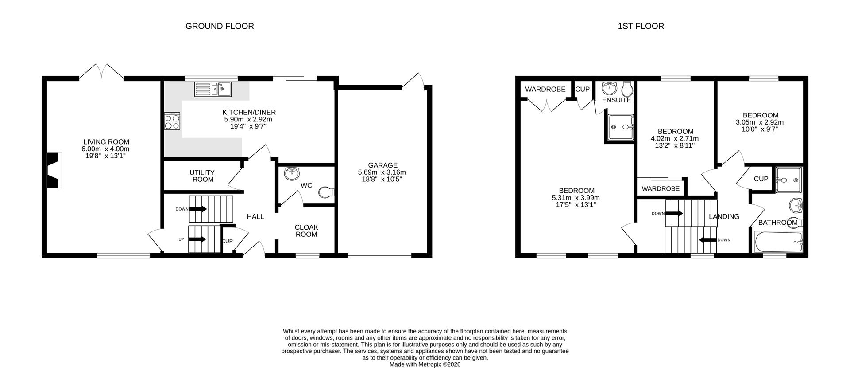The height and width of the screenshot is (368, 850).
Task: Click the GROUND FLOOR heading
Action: click(220, 26)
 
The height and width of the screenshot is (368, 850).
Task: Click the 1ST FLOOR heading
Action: click(641, 26)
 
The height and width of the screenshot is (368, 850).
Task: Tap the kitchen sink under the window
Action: click(213, 90)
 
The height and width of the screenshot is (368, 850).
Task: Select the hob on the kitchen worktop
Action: click(172, 121)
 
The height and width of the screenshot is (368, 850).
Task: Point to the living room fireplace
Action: click(53, 171)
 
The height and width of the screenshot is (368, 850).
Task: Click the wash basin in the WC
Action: click(291, 174)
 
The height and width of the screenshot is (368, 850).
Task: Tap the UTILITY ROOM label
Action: click(202, 176)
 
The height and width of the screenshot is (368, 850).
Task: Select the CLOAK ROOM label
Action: click(306, 231)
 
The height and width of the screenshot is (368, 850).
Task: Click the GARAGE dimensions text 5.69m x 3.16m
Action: click(382, 172)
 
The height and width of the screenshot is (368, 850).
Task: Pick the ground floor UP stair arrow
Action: click(197, 239)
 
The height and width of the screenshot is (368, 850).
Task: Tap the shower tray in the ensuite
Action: click(620, 127)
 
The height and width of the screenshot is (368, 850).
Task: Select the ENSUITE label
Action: click(616, 100)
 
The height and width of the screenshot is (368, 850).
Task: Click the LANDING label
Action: click(724, 217)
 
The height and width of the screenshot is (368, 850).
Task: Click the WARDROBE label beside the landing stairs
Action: click(661, 188)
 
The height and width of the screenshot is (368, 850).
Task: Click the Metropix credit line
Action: click(425, 364)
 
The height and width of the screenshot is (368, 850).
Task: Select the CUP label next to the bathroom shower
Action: click(761, 179)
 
